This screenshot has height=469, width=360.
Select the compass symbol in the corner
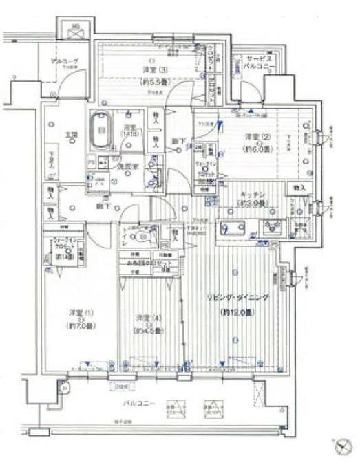click(341, 446)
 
